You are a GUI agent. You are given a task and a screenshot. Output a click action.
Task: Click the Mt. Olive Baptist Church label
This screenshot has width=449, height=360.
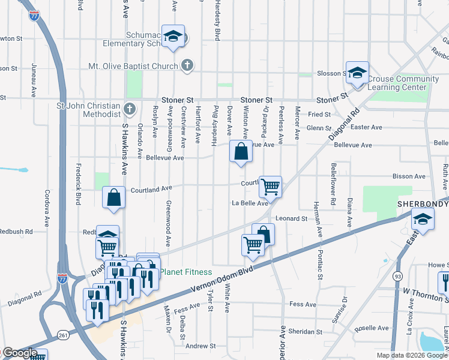coord(133,66)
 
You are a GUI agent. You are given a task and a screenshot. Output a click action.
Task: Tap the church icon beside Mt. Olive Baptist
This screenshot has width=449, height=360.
coord(187,66)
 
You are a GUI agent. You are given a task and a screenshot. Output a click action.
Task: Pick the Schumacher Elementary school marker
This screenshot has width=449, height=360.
coord(173,38)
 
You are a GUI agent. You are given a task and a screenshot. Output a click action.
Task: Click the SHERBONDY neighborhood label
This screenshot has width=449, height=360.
coord(423,204)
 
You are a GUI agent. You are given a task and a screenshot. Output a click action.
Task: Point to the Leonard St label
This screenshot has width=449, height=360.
coord(292,219)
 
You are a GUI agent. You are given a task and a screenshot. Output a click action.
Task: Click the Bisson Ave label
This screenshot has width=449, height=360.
coord(409,176)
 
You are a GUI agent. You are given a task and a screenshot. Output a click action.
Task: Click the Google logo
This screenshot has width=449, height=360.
coord(19,353)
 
